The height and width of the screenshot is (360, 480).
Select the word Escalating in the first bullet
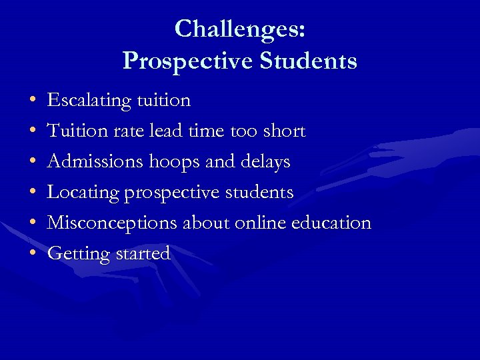tap(89, 101)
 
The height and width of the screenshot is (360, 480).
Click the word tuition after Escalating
tap(163, 101)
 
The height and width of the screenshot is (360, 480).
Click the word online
tap(261, 223)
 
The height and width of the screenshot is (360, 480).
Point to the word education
tap(331, 223)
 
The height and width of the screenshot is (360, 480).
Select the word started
tap(143, 253)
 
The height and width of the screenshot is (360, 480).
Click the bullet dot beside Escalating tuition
tap(33, 101)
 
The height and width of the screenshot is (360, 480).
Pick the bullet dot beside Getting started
tap(33, 254)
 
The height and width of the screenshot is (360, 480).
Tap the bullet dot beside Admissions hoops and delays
tap(33, 163)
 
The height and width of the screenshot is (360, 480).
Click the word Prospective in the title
tap(187, 61)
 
